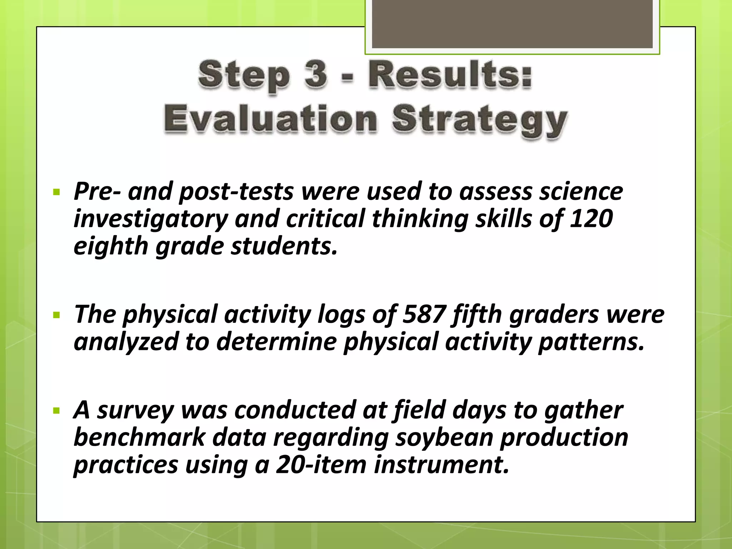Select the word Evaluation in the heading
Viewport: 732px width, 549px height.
(x=271, y=119)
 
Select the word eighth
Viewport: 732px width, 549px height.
(x=111, y=247)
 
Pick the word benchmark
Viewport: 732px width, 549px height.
(x=140, y=437)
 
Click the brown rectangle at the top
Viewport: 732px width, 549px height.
(x=512, y=24)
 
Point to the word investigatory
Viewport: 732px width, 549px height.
(x=150, y=219)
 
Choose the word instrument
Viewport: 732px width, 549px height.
(x=441, y=465)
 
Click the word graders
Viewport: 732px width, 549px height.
(x=554, y=314)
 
